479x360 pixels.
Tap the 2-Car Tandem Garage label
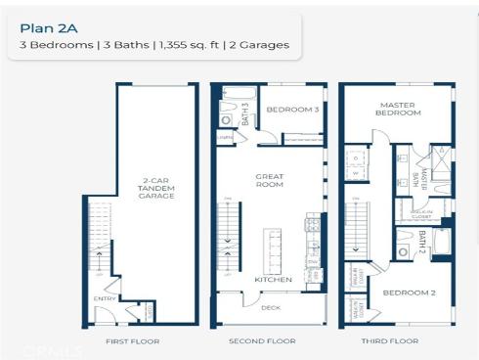[x=156, y=188]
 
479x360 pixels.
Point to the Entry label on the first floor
[x=104, y=298]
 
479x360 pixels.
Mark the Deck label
[x=271, y=307]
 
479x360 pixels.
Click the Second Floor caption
[x=262, y=341]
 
